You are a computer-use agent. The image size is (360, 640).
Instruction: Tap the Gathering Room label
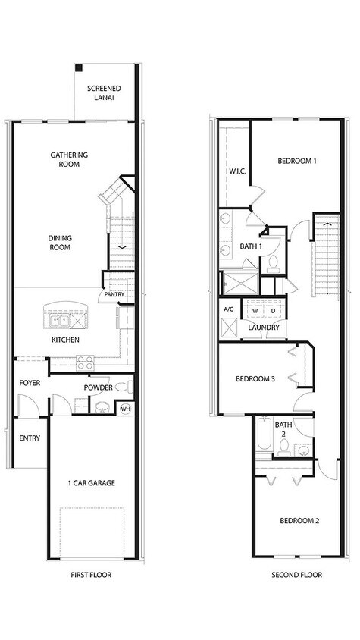(69, 159)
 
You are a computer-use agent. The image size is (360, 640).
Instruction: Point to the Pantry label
(114, 294)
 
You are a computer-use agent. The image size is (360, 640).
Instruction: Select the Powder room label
(99, 387)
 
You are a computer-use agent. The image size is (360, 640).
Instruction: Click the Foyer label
(30, 383)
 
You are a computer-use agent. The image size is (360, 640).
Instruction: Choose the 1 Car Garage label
(91, 483)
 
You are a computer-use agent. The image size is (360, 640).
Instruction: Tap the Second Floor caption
(296, 575)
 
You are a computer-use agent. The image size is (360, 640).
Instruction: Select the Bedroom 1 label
(296, 161)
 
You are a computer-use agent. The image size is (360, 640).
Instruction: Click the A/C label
(228, 309)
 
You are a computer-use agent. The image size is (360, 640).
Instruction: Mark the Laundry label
(264, 328)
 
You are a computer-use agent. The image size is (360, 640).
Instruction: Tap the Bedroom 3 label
(255, 378)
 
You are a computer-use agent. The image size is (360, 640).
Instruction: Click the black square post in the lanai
(78, 68)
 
